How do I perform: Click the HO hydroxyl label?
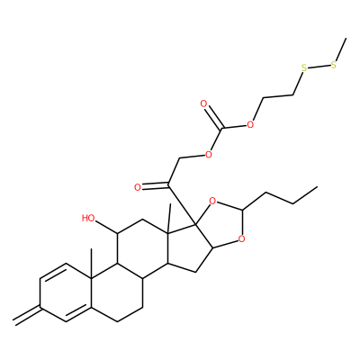click(x=88, y=218)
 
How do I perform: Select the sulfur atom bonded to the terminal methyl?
click(x=333, y=65)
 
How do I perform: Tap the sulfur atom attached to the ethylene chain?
click(x=304, y=68)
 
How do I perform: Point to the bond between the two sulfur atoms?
click(x=319, y=67)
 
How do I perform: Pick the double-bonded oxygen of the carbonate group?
click(x=204, y=104)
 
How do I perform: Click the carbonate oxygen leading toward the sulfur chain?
click(x=250, y=124)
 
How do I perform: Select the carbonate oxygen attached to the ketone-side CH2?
click(x=208, y=155)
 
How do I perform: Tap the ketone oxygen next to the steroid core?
click(x=138, y=188)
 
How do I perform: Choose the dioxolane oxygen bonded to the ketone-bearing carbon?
click(x=212, y=201)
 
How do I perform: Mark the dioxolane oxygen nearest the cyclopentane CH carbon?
click(x=241, y=239)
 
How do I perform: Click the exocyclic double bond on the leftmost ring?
click(x=27, y=314)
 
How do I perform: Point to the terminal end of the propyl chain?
click(x=317, y=187)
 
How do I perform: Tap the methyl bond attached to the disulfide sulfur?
click(x=341, y=49)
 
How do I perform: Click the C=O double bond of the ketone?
click(x=155, y=186)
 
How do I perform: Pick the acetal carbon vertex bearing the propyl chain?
click(x=246, y=208)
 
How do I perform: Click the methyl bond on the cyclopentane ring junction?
click(x=169, y=218)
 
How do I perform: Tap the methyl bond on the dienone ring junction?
click(x=91, y=265)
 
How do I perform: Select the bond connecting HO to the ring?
click(x=107, y=227)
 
